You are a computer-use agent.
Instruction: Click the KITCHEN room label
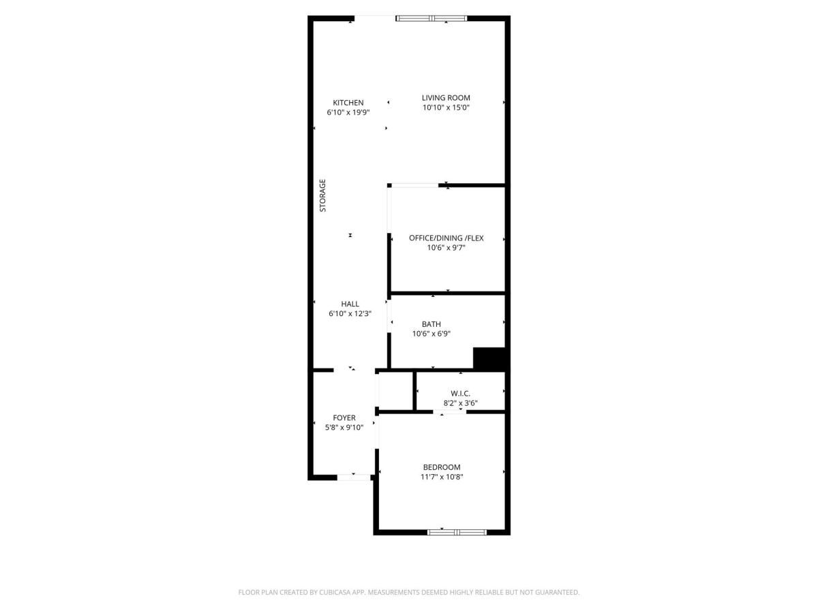tap(348, 103)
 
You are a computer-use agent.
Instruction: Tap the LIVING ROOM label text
tap(446, 98)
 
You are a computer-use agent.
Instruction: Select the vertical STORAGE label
tap(323, 195)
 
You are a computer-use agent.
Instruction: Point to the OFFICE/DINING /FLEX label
tap(446, 238)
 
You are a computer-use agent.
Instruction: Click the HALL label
tap(350, 304)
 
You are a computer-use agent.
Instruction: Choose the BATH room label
tap(431, 324)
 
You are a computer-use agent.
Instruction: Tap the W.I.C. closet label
tap(460, 393)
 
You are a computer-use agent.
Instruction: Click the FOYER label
tap(344, 418)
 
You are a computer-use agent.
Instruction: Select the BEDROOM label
tap(442, 467)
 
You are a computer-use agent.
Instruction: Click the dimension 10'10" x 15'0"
tap(446, 108)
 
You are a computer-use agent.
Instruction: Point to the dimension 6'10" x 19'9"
tap(348, 112)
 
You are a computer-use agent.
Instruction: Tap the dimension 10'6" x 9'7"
tap(446, 248)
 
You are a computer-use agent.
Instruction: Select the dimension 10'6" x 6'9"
tap(431, 334)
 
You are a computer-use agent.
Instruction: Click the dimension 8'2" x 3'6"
tap(460, 403)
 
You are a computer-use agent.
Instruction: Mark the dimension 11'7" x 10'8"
tap(442, 477)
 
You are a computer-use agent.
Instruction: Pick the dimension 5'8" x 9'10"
tap(344, 428)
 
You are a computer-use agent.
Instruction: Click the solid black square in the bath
tap(489, 359)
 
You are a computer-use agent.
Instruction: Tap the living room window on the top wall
tap(431, 18)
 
